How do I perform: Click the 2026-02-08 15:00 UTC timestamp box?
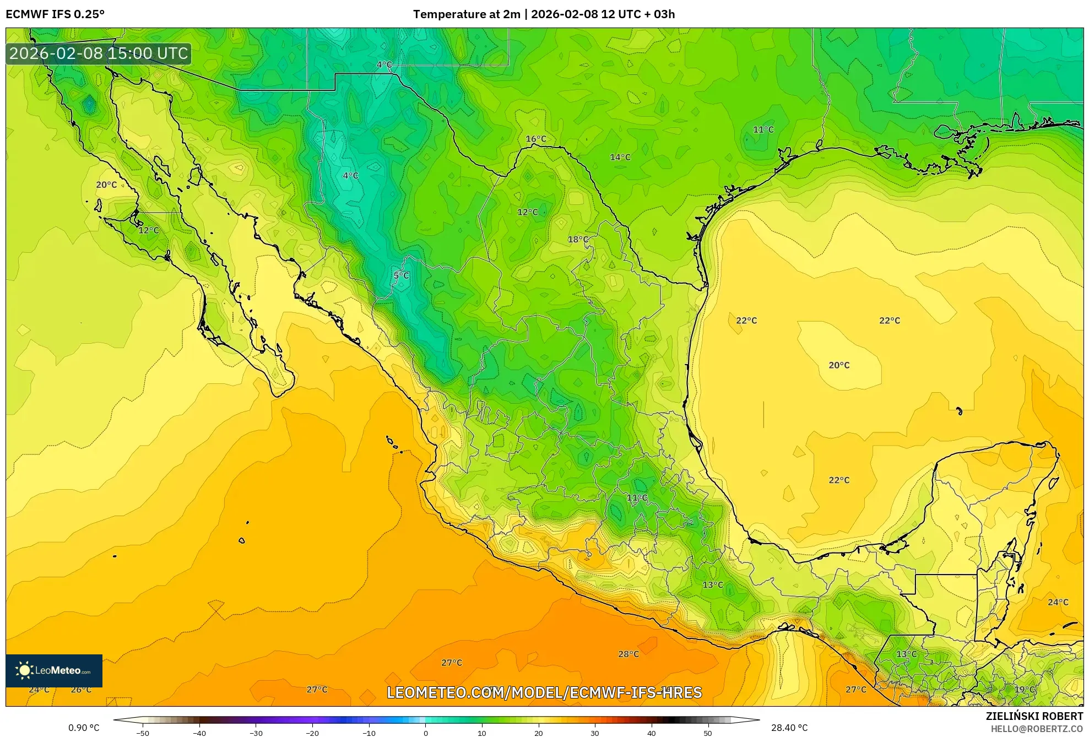pyautogui.click(x=99, y=53)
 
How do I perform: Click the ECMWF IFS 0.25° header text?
pyautogui.click(x=55, y=14)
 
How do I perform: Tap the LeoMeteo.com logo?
pyautogui.click(x=54, y=670)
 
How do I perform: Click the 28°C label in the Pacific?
pyautogui.click(x=628, y=654)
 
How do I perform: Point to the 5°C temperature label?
pyautogui.click(x=401, y=275)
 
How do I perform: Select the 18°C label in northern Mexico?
pyautogui.click(x=578, y=239)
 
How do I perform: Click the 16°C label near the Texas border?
pyautogui.click(x=535, y=139)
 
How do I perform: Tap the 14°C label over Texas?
pyautogui.click(x=620, y=157)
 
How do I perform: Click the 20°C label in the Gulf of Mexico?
pyautogui.click(x=838, y=365)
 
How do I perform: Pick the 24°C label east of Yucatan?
pyautogui.click(x=1057, y=602)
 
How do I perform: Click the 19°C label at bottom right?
pyautogui.click(x=1024, y=689)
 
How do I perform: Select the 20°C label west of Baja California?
pyautogui.click(x=106, y=185)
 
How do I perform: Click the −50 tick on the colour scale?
pyautogui.click(x=143, y=733)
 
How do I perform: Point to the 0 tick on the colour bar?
pyautogui.click(x=425, y=733)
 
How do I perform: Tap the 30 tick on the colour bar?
pyautogui.click(x=594, y=733)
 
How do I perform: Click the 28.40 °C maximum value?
pyautogui.click(x=789, y=728)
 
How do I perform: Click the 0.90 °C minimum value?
pyautogui.click(x=84, y=728)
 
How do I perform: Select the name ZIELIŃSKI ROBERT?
pyautogui.click(x=1034, y=716)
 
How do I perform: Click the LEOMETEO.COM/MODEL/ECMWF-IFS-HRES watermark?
pyautogui.click(x=544, y=692)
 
